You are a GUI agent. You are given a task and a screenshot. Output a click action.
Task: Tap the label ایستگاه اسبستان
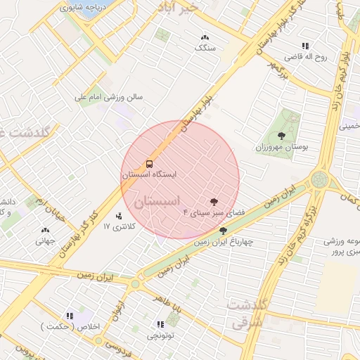point(149,174)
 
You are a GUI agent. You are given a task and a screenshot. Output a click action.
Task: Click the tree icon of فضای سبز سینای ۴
point(214,201)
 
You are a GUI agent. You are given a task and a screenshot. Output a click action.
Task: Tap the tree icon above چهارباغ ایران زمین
point(223,231)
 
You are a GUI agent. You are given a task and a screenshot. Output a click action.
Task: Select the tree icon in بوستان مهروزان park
point(282,136)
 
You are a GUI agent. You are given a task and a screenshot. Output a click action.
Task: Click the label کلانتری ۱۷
point(117,226)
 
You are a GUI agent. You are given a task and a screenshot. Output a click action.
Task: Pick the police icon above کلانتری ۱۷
point(118,216)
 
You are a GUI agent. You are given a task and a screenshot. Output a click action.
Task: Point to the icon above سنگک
point(205,38)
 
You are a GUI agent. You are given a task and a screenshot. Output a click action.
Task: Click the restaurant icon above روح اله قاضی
point(305,45)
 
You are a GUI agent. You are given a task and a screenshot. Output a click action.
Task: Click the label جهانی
point(45,240)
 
